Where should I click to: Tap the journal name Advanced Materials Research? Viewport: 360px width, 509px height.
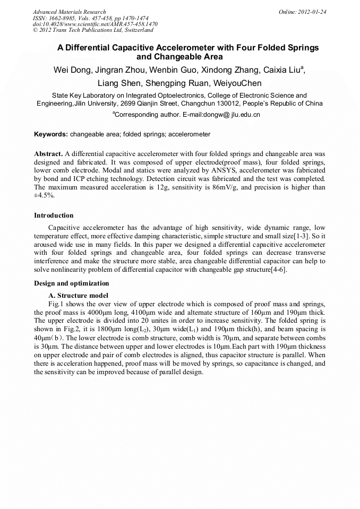[x=69, y=12]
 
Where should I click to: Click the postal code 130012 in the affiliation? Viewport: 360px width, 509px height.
[x=242, y=103]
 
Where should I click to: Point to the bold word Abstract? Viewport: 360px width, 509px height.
[x=48, y=153]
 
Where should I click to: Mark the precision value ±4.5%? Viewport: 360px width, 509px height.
[x=44, y=195]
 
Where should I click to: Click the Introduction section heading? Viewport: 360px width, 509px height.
[x=54, y=215]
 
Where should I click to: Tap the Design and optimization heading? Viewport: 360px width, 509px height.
[x=72, y=283]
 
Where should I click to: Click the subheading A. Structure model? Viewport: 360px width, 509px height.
[x=78, y=296]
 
